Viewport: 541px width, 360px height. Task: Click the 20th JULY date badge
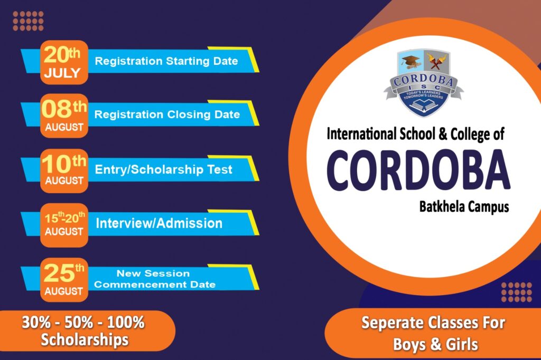64,62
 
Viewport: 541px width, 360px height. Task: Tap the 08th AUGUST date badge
64,116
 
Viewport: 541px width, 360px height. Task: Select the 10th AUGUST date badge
64,170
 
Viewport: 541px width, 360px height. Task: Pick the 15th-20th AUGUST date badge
64,225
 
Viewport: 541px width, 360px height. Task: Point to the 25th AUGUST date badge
64,280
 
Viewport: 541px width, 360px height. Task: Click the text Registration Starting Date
166,61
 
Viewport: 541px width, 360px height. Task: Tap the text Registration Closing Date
167,115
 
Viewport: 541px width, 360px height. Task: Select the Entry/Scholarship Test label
164,169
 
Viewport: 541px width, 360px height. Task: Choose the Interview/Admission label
159,223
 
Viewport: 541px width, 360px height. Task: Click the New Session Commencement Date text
155,279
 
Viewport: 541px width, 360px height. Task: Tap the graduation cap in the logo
410,62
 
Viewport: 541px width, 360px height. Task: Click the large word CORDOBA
418,170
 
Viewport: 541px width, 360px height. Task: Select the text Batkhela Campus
464,207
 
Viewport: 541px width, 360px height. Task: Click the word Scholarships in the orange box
85,339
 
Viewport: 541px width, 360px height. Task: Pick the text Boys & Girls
435,344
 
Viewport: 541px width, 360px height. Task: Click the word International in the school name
361,134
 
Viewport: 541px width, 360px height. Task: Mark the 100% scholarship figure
126,323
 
